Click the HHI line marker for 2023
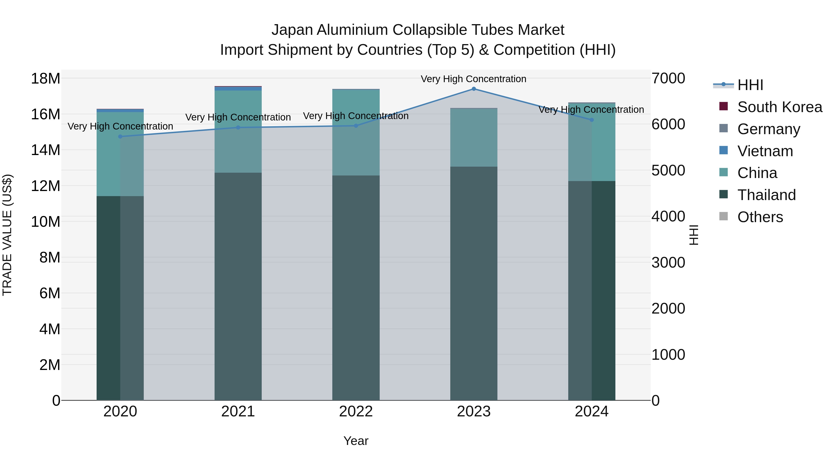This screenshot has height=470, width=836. (x=474, y=89)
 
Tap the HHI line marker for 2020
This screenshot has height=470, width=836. (x=120, y=136)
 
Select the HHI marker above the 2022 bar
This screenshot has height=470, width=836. (x=356, y=126)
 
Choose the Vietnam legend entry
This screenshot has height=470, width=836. (x=765, y=151)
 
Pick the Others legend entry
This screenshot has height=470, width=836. (x=760, y=217)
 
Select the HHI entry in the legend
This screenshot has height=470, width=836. (x=750, y=85)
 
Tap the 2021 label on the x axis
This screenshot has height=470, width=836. (x=238, y=412)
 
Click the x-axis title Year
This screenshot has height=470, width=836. (x=356, y=441)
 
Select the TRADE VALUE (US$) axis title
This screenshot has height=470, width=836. (x=7, y=235)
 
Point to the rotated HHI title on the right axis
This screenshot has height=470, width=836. (x=693, y=235)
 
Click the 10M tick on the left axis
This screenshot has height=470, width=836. (x=46, y=222)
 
